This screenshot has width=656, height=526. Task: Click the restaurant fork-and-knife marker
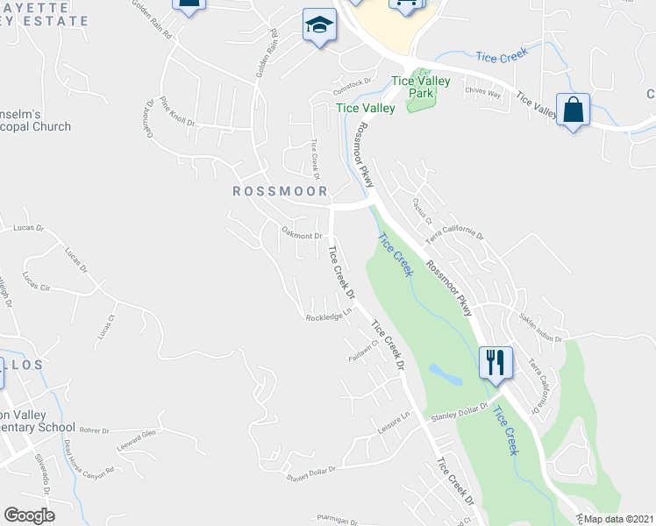click(x=496, y=361)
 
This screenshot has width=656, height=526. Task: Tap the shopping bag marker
click(x=573, y=110)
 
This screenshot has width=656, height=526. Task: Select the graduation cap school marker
click(x=320, y=25)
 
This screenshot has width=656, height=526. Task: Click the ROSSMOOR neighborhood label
click(x=280, y=191)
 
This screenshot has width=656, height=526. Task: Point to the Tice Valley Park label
click(x=421, y=87)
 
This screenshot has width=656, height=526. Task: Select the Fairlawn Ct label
click(x=362, y=346)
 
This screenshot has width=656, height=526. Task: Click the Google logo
click(x=30, y=515)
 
